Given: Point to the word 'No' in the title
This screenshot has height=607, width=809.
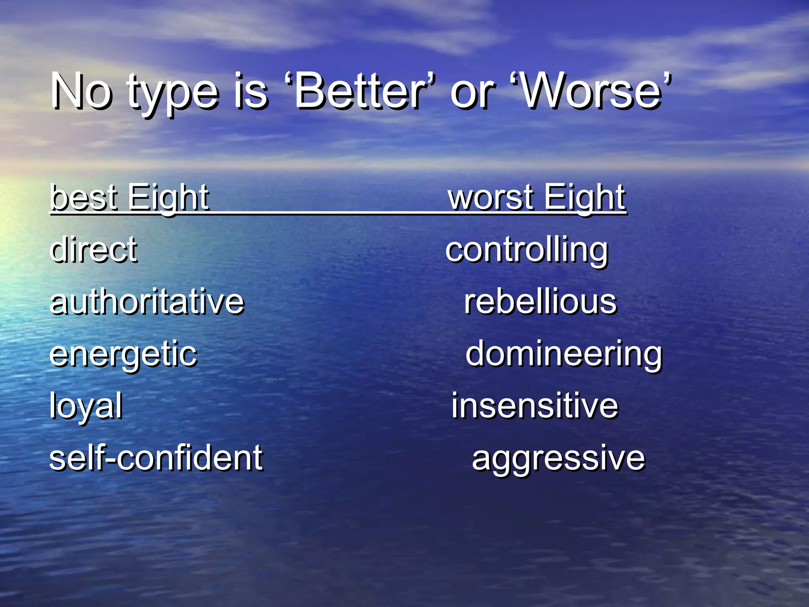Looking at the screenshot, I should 81,92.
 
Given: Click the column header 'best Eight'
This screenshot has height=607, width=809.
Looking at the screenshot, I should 130,197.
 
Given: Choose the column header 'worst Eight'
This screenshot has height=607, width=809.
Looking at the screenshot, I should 536,197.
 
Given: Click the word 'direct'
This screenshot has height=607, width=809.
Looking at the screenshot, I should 94,249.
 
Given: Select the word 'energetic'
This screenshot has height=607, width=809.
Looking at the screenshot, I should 123,354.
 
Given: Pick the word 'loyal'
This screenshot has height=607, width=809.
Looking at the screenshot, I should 86,406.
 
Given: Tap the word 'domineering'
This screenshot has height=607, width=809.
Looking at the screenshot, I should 563,354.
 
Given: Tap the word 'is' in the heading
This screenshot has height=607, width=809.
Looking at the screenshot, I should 250,92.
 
